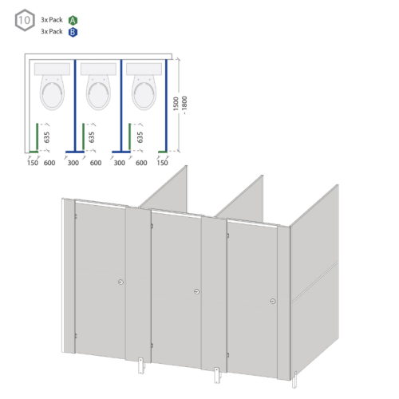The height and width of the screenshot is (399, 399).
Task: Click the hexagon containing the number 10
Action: click(25, 20)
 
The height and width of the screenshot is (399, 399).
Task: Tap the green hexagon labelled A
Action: click(73, 21)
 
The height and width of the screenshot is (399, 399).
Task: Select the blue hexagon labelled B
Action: click(73, 32)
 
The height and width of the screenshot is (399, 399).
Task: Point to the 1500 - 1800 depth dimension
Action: click(180, 105)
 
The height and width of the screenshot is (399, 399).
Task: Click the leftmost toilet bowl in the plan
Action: click(52, 93)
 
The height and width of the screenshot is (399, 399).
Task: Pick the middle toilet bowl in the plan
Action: click(98, 93)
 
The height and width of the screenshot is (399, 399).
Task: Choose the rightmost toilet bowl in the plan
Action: click(144, 93)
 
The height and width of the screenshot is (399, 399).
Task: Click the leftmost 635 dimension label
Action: click(46, 137)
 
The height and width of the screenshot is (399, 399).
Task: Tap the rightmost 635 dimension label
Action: click(140, 137)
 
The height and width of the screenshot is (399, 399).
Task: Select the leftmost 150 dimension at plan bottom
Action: click(33, 163)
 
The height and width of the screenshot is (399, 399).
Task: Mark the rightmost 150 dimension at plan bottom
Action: click(162, 163)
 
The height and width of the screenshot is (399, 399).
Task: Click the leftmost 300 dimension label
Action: click(73, 163)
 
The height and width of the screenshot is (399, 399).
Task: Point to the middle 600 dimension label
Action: click(96, 163)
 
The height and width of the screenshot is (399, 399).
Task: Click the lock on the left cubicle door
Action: click(120, 282)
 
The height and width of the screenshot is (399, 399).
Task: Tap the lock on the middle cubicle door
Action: click(196, 291)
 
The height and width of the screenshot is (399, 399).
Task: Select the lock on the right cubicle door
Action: click(273, 301)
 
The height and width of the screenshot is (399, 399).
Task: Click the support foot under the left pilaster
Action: click(141, 365)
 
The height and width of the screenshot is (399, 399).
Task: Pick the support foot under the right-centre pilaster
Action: click(217, 375)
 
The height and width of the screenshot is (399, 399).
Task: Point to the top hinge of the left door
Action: click(76, 216)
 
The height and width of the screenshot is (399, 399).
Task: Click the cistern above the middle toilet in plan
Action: click(98, 69)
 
